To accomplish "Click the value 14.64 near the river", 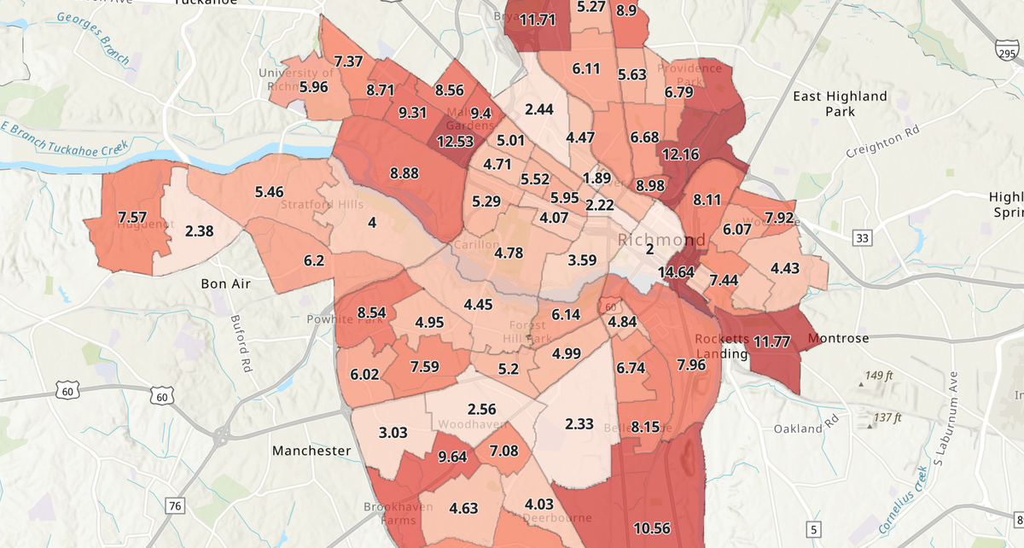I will click(676, 272).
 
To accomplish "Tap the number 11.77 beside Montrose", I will click(771, 342).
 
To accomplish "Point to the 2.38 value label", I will click(199, 230).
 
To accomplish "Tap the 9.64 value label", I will click(452, 456).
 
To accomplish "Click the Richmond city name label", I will click(662, 239).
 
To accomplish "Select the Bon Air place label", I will click(225, 283).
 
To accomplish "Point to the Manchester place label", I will click(311, 450).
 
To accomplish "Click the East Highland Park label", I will click(840, 104).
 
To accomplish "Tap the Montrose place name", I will click(838, 339).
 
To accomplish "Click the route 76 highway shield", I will click(176, 506).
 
